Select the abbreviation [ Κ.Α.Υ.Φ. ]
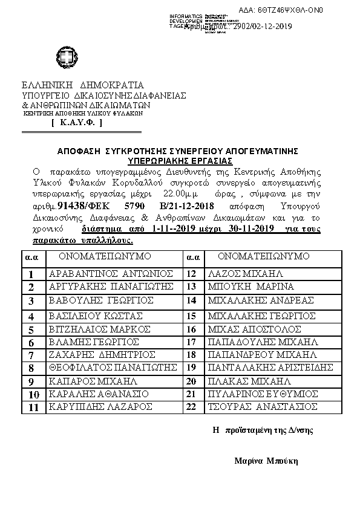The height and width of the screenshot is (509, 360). [77, 123]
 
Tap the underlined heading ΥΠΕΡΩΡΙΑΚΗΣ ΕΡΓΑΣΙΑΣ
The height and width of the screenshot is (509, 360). [180, 161]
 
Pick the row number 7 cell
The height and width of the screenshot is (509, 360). [31, 355]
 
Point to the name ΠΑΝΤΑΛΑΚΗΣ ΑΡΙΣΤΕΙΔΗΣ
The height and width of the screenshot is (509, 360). [269, 367]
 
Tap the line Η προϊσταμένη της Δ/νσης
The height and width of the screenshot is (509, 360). [263, 431]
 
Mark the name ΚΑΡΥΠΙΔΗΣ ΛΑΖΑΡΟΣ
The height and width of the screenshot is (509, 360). [100, 408]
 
